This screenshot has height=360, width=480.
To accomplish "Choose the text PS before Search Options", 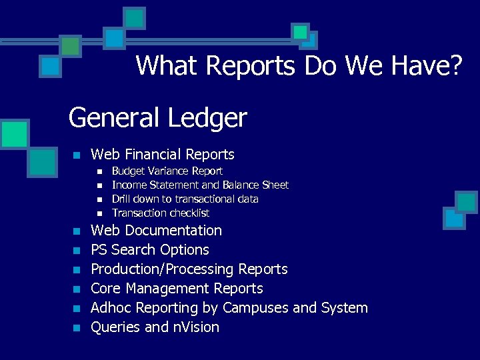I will pos(99,250).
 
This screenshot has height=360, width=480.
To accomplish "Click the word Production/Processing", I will pos(162,269).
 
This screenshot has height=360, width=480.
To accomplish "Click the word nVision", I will pos(196,327).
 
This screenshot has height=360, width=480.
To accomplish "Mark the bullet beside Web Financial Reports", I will pos(77,155).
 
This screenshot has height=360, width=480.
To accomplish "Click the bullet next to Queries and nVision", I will pos(77,328).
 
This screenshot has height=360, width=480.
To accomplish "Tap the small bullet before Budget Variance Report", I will pos(99,172).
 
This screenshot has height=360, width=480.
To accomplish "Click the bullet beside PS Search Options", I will pos(77,251).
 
